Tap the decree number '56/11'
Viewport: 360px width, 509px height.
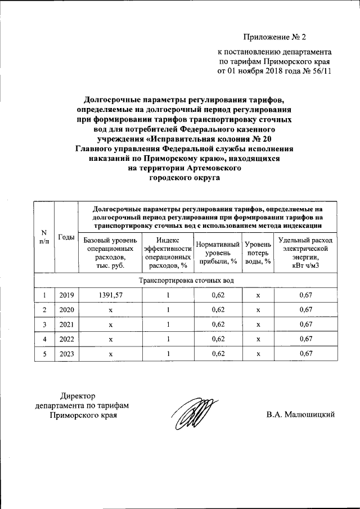click(319, 71)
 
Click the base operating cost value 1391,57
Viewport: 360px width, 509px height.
click(110, 295)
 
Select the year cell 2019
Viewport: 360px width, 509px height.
click(66, 295)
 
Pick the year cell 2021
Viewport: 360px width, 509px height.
click(66, 324)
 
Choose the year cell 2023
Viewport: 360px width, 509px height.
click(66, 353)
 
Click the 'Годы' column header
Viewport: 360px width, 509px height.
click(66, 237)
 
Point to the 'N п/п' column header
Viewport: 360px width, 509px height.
click(44, 237)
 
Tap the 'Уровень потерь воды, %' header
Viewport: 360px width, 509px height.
click(258, 253)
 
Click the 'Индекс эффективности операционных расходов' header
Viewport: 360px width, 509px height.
click(168, 253)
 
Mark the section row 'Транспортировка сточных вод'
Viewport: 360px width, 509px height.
click(186, 280)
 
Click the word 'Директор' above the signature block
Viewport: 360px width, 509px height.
click(82, 395)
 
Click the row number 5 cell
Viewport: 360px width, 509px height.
click(44, 353)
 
